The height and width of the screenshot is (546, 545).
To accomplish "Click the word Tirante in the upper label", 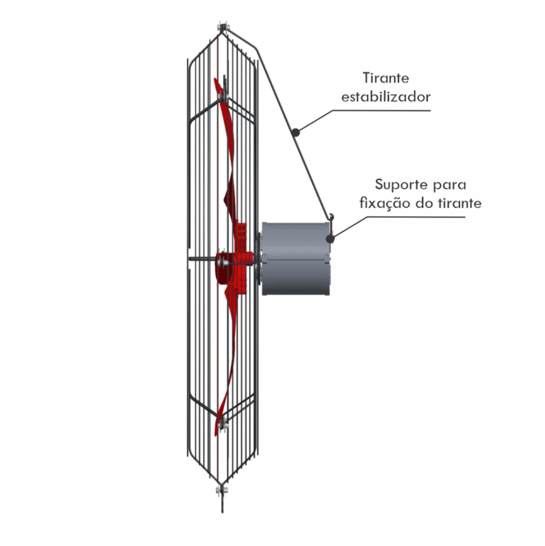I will (x=386, y=79).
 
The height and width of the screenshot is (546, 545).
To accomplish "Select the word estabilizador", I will (x=386, y=97).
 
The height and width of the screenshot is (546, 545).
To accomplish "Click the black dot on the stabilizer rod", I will (x=295, y=131).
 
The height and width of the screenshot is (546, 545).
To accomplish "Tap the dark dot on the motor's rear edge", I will (x=330, y=238).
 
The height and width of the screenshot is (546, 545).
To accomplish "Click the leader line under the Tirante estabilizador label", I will (x=380, y=110).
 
